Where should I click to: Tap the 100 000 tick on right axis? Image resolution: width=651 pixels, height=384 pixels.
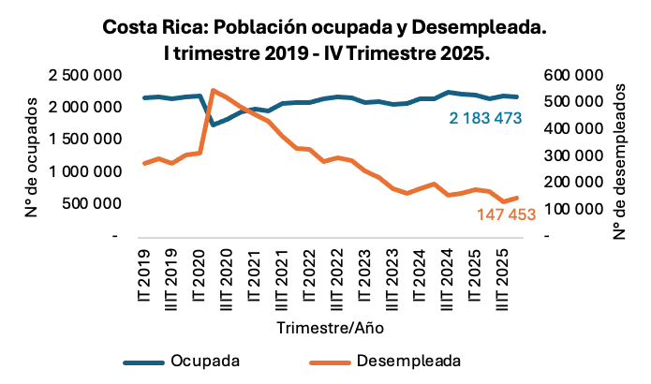point(571,208)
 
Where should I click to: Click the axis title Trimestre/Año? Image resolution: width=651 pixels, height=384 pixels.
point(329,329)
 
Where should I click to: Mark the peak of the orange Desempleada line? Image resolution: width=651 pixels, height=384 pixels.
point(214,90)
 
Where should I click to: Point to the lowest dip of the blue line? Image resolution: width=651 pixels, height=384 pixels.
point(214,125)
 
